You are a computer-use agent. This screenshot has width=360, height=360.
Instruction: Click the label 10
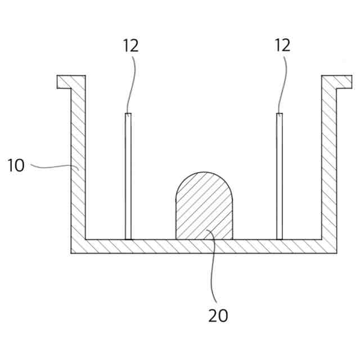(16, 166)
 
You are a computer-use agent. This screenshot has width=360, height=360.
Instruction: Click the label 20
(218, 315)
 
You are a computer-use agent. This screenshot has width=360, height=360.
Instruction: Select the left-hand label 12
(130, 46)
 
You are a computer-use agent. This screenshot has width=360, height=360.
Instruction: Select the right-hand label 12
(283, 46)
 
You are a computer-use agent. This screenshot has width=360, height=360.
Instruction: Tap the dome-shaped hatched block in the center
(204, 211)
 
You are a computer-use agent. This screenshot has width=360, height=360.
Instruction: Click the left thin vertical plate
(128, 180)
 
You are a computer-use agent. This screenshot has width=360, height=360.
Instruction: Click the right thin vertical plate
(279, 180)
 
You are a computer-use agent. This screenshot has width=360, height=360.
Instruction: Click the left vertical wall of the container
(78, 169)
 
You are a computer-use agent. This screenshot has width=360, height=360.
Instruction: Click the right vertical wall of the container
(329, 169)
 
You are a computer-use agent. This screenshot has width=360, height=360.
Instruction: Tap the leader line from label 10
(53, 167)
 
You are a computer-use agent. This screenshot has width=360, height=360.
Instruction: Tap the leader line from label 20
(213, 270)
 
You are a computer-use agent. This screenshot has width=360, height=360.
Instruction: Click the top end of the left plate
(128, 115)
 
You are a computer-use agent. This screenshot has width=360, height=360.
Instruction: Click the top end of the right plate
(279, 115)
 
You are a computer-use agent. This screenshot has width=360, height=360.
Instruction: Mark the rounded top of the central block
(204, 175)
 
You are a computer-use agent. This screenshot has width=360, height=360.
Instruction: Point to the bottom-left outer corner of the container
(71, 253)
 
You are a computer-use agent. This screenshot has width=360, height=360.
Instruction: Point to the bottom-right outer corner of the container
(336, 253)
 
